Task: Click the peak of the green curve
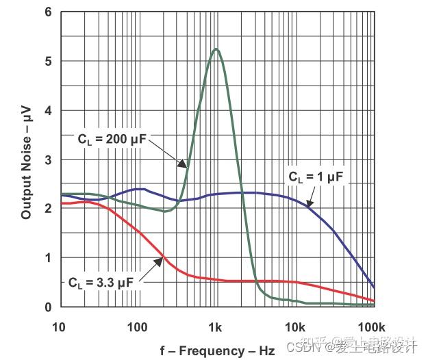[216, 49]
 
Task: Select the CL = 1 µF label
[314, 177]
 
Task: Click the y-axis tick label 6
[48, 12]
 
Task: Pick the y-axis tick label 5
[48, 62]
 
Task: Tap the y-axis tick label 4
[48, 111]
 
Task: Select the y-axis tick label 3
[48, 160]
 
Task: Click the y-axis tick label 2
[48, 209]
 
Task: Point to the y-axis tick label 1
[48, 258]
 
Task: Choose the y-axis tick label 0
[48, 307]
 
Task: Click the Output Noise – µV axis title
[26, 160]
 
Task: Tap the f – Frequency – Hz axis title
[217, 351]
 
